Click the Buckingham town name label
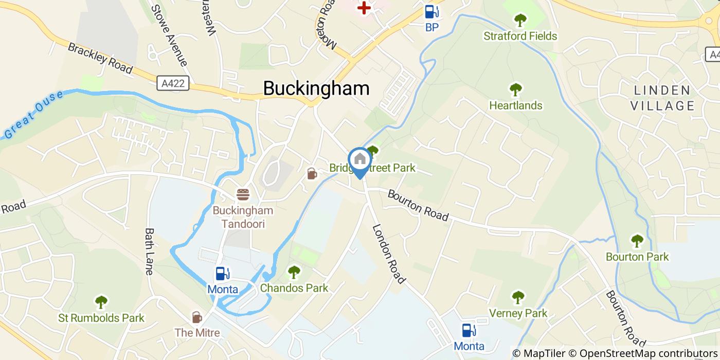click(316, 88)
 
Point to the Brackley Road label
click(100, 58)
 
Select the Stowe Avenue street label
click(168, 35)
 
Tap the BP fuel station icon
click(431, 11)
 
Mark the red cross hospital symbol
click(365, 7)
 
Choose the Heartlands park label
click(515, 105)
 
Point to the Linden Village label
click(662, 98)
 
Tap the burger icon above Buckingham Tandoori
click(243, 194)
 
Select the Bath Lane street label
click(150, 251)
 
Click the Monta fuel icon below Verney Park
click(469, 330)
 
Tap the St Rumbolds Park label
click(101, 318)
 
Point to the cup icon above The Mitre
click(197, 317)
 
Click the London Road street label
click(389, 254)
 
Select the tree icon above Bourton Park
click(637, 241)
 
